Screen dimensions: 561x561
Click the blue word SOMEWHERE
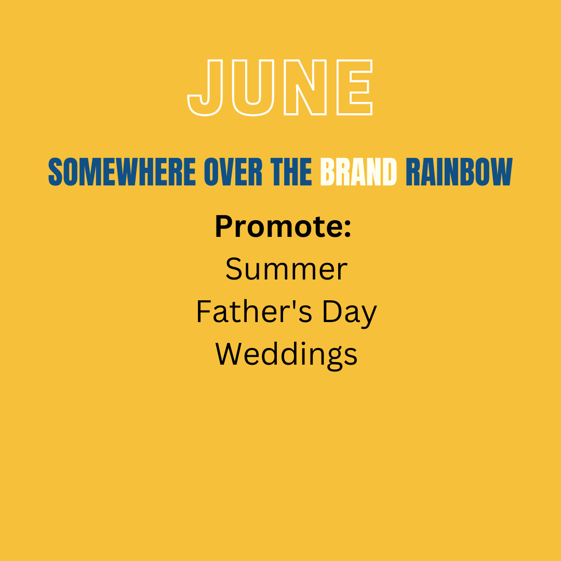(x=122, y=172)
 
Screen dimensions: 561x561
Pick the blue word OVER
(x=233, y=172)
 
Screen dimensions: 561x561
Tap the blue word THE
(x=291, y=172)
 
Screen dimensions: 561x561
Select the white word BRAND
(x=358, y=172)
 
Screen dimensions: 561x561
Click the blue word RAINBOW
(x=459, y=172)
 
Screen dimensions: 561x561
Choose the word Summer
(x=287, y=269)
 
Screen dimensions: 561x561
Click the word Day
(x=350, y=313)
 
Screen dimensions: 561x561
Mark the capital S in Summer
(x=234, y=269)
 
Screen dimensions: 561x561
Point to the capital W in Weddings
(x=231, y=354)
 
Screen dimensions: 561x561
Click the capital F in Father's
(x=203, y=311)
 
